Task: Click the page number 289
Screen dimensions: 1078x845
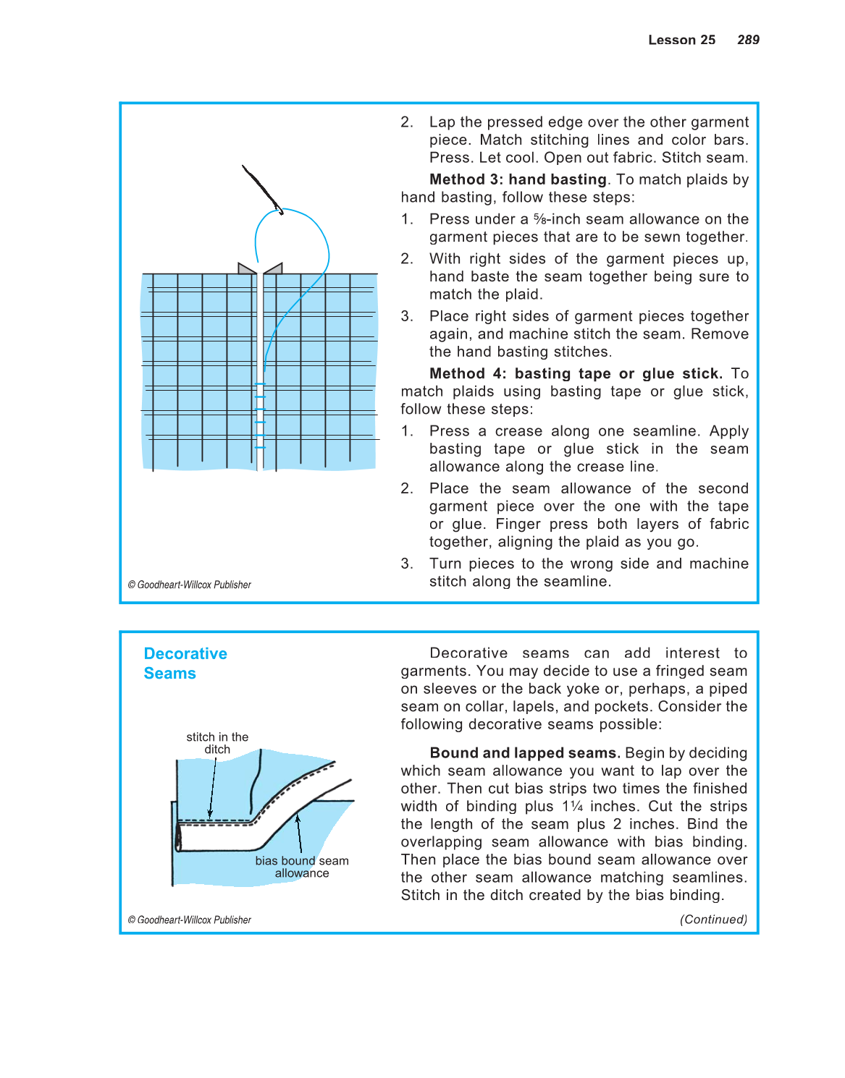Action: tap(748, 40)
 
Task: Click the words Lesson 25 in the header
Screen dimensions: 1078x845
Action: tap(681, 40)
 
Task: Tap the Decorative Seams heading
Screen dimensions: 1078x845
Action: tap(185, 663)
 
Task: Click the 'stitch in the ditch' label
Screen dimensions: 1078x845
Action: tap(217, 743)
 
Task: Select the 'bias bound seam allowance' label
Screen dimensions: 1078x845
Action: tap(302, 867)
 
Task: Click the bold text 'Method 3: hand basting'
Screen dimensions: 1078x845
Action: tap(518, 179)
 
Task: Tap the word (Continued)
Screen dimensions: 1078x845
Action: tap(713, 920)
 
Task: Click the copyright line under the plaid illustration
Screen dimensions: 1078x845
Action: tap(190, 585)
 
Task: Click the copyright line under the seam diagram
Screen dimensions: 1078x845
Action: tap(190, 920)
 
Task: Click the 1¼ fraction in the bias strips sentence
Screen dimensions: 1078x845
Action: tap(572, 807)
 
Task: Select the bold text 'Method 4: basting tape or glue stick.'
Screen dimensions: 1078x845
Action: tap(576, 374)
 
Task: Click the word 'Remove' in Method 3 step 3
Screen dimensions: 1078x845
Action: tap(720, 334)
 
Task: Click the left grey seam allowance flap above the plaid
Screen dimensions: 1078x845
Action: tap(246, 268)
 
